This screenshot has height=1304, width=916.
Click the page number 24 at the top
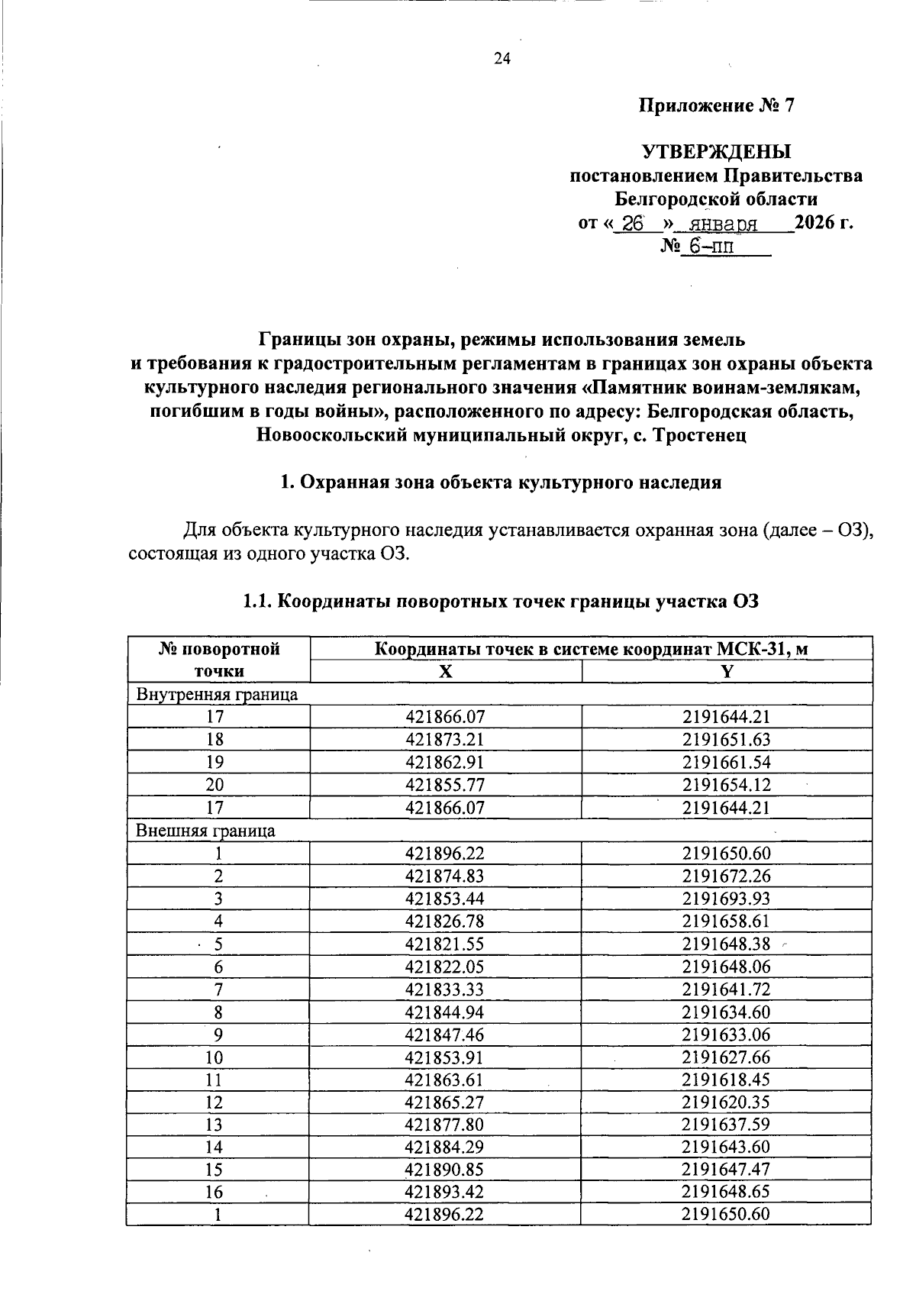pyautogui.click(x=502, y=59)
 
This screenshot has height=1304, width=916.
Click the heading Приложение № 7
pyautogui.click(x=716, y=106)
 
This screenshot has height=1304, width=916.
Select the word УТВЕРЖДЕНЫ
pyautogui.click(x=716, y=153)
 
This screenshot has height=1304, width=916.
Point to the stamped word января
pyautogui.click(x=722, y=224)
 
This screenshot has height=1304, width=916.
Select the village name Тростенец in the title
pyautogui.click(x=695, y=436)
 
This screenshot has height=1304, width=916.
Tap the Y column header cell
pyautogui.click(x=726, y=671)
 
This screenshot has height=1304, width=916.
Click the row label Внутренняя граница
pyautogui.click(x=217, y=694)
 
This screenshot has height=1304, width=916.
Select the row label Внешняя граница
pyautogui.click(x=205, y=831)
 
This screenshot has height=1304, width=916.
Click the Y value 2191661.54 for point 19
pyautogui.click(x=726, y=762)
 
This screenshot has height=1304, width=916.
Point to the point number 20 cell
pyautogui.click(x=218, y=785)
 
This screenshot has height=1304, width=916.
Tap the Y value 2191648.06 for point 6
pyautogui.click(x=726, y=967)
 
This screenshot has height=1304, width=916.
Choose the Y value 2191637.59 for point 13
pyautogui.click(x=726, y=1125)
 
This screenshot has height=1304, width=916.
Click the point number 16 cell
pyautogui.click(x=218, y=1193)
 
